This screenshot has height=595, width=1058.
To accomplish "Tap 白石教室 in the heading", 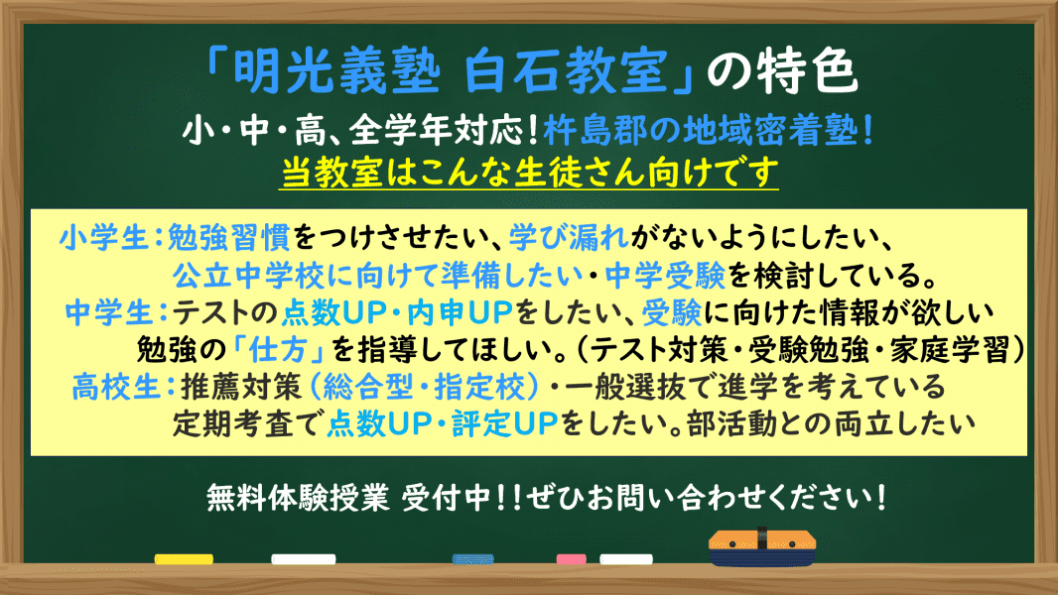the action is pyautogui.click(x=566, y=71).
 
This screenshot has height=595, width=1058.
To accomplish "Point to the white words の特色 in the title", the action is pyautogui.click(x=782, y=71).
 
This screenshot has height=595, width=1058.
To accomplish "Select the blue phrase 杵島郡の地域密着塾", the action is pyautogui.click(x=702, y=131).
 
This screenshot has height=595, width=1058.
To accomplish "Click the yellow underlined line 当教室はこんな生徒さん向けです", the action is pyautogui.click(x=529, y=173).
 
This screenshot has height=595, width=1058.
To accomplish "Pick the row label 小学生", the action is pyautogui.click(x=103, y=237).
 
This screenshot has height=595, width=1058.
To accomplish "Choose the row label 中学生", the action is pyautogui.click(x=109, y=312).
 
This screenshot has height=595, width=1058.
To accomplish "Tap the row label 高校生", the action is pyautogui.click(x=115, y=387).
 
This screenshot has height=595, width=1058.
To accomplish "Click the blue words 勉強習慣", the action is pyautogui.click(x=228, y=237).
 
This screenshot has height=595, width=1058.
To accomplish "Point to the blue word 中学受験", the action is pyautogui.click(x=665, y=275).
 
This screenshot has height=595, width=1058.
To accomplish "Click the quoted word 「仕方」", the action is pyautogui.click(x=279, y=350).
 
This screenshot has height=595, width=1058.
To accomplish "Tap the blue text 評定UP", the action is pyautogui.click(x=505, y=423).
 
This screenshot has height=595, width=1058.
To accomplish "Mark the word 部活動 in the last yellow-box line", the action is pyautogui.click(x=731, y=423).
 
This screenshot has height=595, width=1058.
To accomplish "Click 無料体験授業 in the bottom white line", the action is pyautogui.click(x=298, y=498).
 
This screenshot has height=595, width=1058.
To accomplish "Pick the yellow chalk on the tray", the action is pyautogui.click(x=184, y=559).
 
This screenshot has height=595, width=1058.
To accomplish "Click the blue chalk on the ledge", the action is pyautogui.click(x=473, y=559).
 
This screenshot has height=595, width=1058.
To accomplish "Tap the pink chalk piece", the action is pyautogui.click(x=571, y=559).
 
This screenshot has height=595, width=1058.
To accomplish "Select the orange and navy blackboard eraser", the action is pyautogui.click(x=762, y=547).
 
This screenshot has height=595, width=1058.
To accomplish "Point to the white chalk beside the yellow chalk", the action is pyautogui.click(x=303, y=559).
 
